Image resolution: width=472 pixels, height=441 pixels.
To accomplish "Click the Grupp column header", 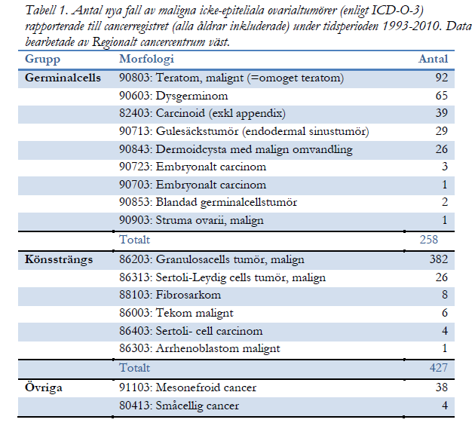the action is point(42,59).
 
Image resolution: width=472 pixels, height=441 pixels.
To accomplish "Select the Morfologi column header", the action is point(146,59).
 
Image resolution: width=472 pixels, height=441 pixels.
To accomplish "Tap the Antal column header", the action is point(433,59).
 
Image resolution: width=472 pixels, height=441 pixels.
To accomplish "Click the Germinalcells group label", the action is point(63,78).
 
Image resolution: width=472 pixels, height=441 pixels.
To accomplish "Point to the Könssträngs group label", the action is point(59,260).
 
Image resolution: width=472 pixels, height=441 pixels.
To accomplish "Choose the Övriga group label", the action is point(44,387).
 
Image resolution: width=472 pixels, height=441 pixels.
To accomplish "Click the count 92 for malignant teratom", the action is point(442,78).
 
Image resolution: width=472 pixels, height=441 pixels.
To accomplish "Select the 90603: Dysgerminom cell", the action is point(173,96).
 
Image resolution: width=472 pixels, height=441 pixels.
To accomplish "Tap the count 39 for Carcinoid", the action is point(442,113).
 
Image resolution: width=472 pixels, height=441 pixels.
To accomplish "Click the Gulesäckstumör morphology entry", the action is point(244,131).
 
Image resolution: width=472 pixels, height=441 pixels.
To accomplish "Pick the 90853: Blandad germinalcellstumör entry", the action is point(208,202).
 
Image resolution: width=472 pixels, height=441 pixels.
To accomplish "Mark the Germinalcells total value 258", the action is point(429,240).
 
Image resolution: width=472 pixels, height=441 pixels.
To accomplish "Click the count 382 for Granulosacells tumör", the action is point(439,259).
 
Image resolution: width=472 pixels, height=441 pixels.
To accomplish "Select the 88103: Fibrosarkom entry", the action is point(170,295).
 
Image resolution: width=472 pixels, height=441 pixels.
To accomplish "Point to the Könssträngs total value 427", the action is point(439,368).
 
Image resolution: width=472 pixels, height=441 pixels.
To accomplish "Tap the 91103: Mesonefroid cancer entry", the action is point(188,387).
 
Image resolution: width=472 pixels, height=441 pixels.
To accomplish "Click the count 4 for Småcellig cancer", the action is point(445,405).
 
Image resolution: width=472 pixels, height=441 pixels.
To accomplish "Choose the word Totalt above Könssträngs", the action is point(134,240).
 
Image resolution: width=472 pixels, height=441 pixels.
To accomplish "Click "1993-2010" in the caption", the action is point(412,26).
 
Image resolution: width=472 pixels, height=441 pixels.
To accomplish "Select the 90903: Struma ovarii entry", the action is point(192,220).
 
